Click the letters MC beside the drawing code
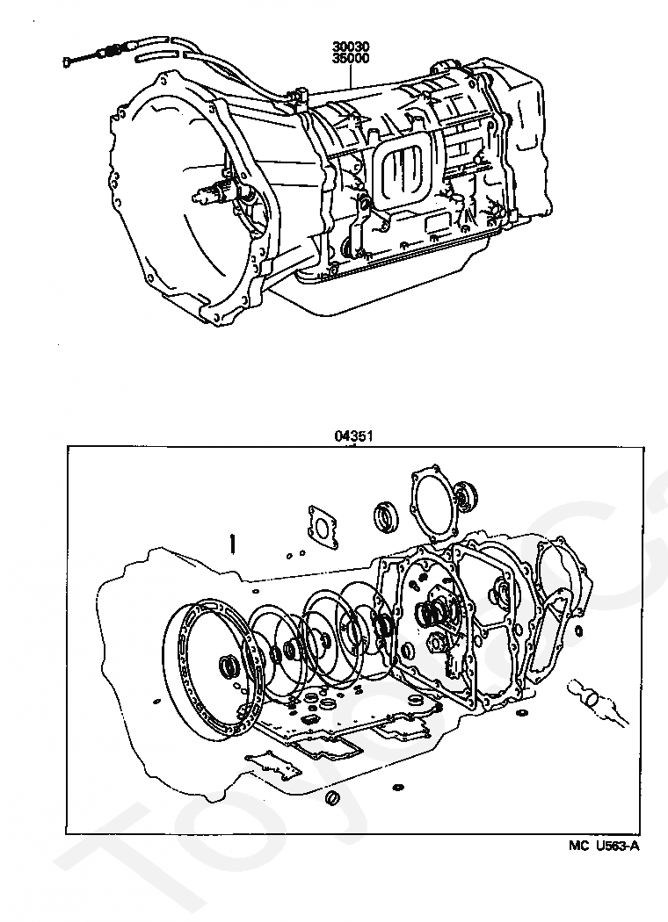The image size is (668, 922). click(x=577, y=846)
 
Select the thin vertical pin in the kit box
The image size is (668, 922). click(x=232, y=544)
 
